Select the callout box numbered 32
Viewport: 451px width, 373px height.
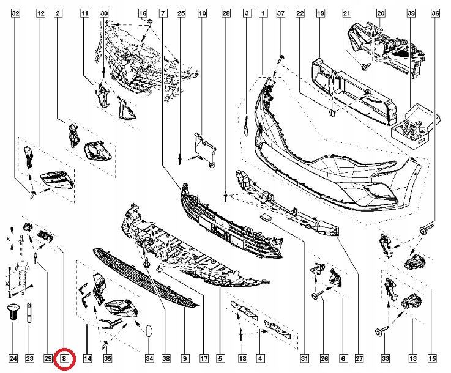[x=15, y=13]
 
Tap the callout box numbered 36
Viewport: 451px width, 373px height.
[x=436, y=13]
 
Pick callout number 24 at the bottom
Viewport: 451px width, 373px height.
[x=13, y=358]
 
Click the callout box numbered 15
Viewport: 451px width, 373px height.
[x=432, y=358]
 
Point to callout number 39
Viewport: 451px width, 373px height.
[x=411, y=13]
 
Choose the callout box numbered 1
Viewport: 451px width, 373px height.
[x=263, y=13]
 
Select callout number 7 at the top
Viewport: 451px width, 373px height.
[x=163, y=13]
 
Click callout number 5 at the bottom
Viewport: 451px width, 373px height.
[x=220, y=358]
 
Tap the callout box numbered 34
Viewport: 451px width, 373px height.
[x=149, y=358]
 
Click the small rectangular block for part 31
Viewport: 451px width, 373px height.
[x=266, y=218]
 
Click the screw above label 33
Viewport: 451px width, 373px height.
[x=382, y=330]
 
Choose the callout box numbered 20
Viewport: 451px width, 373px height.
[x=381, y=13]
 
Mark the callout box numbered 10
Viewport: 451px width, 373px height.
[x=203, y=13]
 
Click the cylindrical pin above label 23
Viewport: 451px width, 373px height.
[x=29, y=314]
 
